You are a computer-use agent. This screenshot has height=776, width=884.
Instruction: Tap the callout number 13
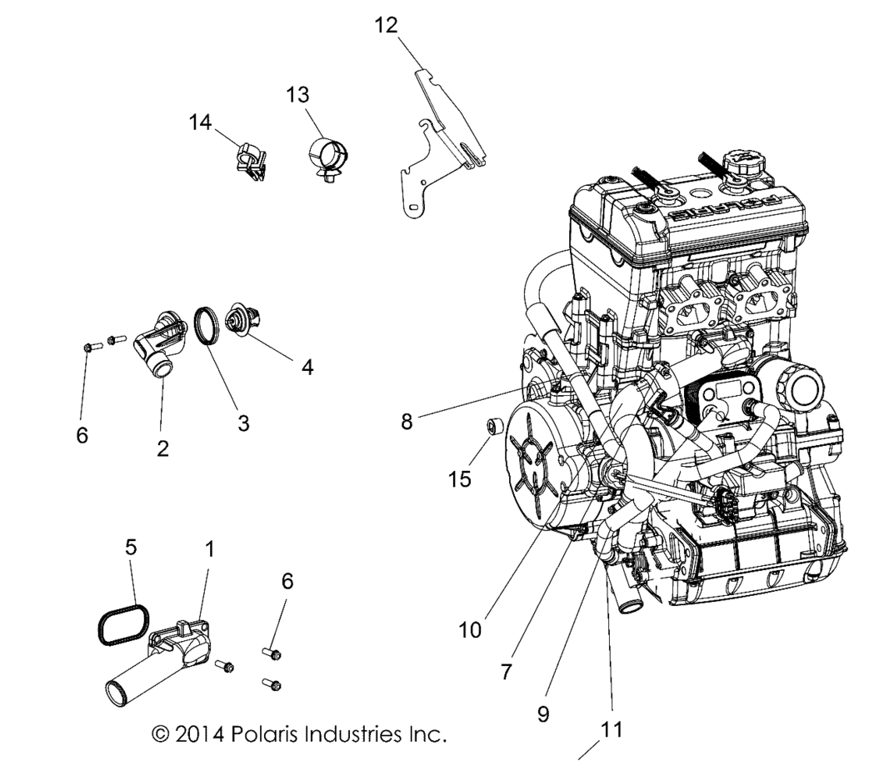tap(297, 96)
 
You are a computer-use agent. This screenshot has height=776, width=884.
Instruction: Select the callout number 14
tap(200, 123)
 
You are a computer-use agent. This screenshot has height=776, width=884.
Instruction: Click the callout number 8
tap(407, 422)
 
